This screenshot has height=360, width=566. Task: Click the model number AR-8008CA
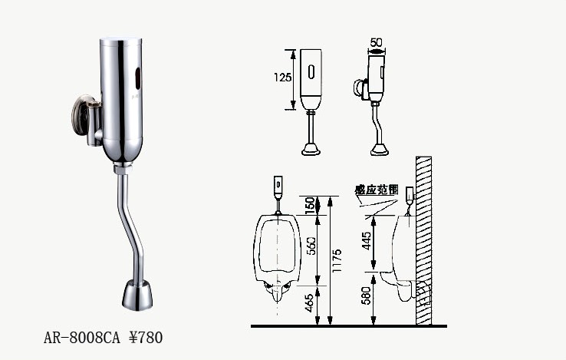pyautogui.click(x=81, y=338)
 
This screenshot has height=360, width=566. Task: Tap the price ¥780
pyautogui.click(x=146, y=338)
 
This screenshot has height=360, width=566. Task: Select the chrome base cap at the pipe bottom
pyautogui.click(x=137, y=296)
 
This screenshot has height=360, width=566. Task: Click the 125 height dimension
pyautogui.click(x=282, y=77)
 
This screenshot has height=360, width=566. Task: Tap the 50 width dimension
pyautogui.click(x=376, y=43)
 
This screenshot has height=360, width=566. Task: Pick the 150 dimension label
pyautogui.click(x=310, y=205)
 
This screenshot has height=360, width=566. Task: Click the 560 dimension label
pyautogui.click(x=311, y=246)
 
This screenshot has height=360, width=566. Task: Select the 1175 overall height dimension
pyautogui.click(x=337, y=261)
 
